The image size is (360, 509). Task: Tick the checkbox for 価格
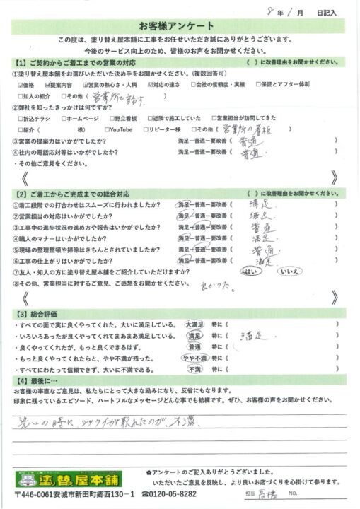click(x=21, y=83)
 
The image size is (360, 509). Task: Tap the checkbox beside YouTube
click(x=107, y=129)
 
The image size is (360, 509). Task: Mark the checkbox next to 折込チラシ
click(x=21, y=119)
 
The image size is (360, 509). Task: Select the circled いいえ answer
click(x=291, y=271)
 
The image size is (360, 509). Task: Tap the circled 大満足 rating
click(x=194, y=323)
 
